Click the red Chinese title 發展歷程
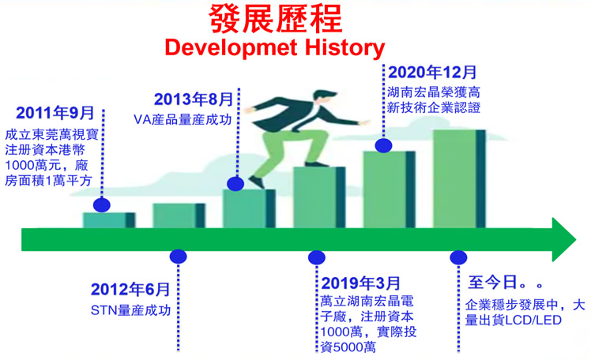coord(276,19)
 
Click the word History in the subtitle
coord(344,48)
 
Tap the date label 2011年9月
coord(55,113)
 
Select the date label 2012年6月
coord(130,289)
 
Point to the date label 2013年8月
coord(194,99)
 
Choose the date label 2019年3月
coord(361,283)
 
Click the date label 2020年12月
coord(432,73)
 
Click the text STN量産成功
coord(131,310)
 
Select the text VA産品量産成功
coord(183,120)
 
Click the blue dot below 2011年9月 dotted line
coord(102,205)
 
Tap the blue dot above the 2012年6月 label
coord(179,257)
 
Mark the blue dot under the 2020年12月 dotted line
coord(384,145)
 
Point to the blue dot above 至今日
coord(458,257)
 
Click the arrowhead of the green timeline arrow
coord(564,239)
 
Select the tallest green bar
coord(459,179)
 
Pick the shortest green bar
coord(109,220)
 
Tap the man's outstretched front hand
coord(365,122)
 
